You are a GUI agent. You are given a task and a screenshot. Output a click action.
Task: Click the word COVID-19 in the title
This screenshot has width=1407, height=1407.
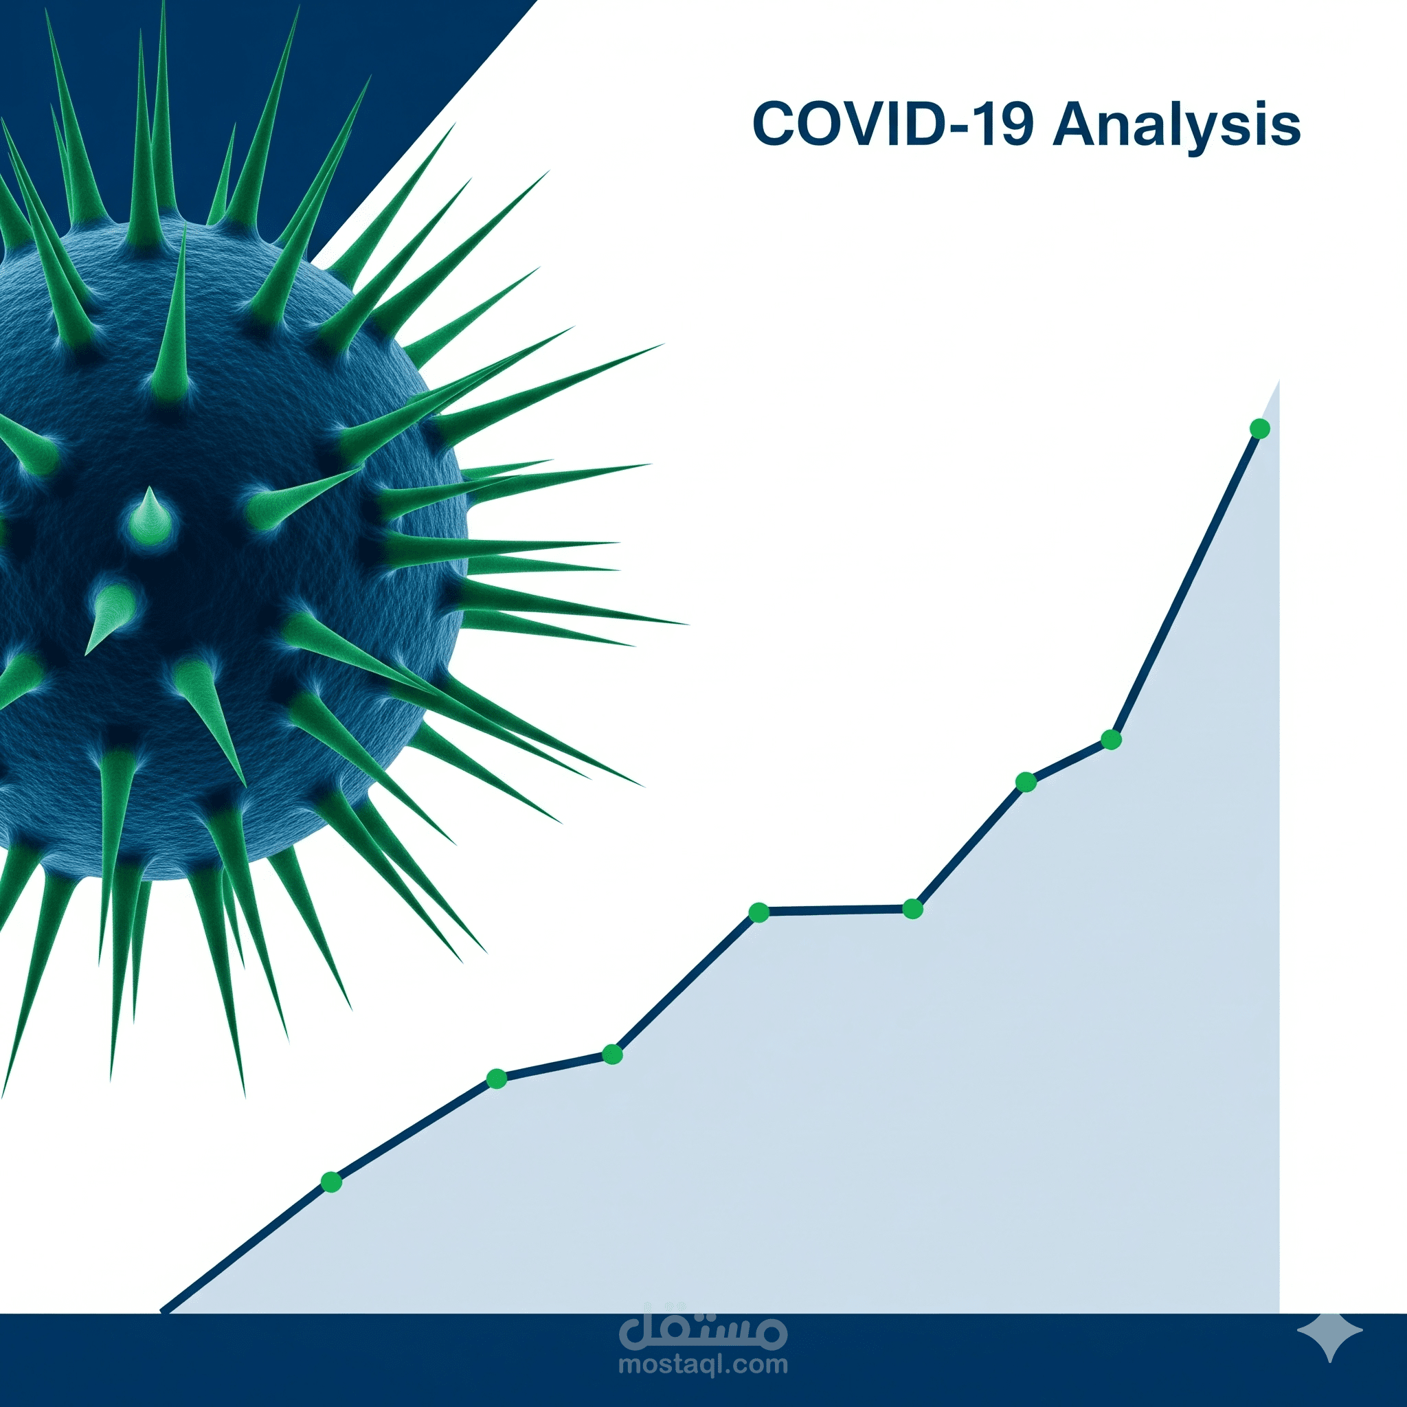[x=893, y=124]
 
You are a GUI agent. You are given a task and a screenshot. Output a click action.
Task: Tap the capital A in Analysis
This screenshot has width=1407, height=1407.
[x=1079, y=124]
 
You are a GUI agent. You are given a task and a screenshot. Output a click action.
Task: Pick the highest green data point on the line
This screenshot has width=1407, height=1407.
[x=1260, y=429]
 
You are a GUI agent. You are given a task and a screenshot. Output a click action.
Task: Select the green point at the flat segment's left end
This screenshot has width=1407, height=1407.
[x=759, y=912]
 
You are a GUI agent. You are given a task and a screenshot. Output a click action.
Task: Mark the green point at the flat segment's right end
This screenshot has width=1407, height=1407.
[x=912, y=909]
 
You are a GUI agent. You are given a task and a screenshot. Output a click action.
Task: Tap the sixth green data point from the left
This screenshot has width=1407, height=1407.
[x=1026, y=782]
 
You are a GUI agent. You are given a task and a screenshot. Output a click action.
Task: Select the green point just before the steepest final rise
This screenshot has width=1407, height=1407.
[x=1112, y=740]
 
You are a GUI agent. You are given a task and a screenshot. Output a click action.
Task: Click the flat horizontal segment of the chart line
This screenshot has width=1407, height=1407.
[x=836, y=910]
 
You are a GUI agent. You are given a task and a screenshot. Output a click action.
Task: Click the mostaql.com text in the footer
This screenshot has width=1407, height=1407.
[x=703, y=1364]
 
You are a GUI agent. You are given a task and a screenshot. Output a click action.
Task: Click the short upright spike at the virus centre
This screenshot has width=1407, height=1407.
[x=150, y=514]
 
